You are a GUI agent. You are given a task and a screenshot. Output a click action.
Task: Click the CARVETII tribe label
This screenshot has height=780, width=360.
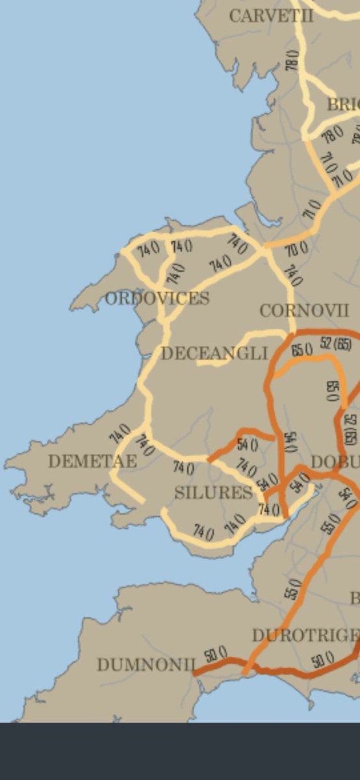click(271, 16)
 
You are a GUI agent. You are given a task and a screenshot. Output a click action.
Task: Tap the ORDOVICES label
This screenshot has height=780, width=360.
click(157, 298)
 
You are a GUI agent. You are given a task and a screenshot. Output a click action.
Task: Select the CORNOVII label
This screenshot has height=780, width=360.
click(304, 311)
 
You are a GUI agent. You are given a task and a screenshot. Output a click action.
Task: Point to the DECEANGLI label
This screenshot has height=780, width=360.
click(214, 353)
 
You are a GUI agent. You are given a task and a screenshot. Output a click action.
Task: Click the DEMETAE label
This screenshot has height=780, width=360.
click(92, 461)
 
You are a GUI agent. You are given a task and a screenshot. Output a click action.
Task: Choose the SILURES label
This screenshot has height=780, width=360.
click(213, 493)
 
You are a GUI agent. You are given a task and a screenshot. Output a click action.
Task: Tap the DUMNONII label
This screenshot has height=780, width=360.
click(146, 664)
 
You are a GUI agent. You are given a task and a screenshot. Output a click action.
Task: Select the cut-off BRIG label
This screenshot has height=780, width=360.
click(343, 104)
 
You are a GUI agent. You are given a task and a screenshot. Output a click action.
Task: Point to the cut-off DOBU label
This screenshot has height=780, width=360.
click(335, 462)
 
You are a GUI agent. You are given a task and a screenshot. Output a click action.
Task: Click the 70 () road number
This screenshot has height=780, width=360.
click(296, 248)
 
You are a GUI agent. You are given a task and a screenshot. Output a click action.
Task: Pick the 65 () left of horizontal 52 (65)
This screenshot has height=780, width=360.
click(302, 350)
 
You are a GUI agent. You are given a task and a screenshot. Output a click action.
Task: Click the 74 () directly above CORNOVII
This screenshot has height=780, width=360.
click(292, 276)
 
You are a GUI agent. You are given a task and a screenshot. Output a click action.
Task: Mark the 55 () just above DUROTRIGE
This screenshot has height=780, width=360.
click(293, 589)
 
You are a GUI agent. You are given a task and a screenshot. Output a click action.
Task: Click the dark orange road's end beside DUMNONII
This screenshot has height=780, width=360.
click(196, 673)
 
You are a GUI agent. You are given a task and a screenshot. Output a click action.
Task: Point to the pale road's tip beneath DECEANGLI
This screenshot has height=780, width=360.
click(199, 363)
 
